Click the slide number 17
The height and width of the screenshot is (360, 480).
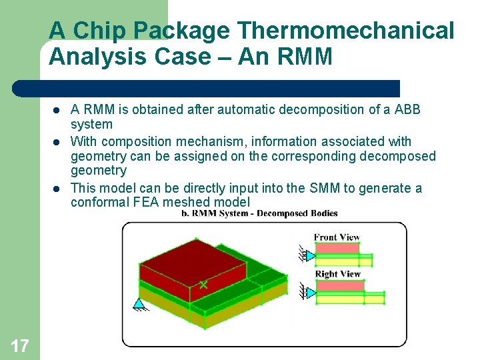(20, 345)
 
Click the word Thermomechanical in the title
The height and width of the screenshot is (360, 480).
(345, 31)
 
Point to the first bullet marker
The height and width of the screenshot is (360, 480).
(58, 110)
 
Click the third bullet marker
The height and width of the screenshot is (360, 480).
(58, 189)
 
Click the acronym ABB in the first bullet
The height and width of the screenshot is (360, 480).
(407, 109)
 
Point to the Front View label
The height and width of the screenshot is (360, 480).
(337, 237)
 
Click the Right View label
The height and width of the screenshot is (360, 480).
(337, 274)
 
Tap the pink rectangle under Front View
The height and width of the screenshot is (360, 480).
(337, 249)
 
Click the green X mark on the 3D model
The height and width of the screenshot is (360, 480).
(203, 285)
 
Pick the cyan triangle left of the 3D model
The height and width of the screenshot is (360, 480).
(139, 305)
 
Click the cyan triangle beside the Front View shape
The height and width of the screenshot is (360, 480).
(309, 255)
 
